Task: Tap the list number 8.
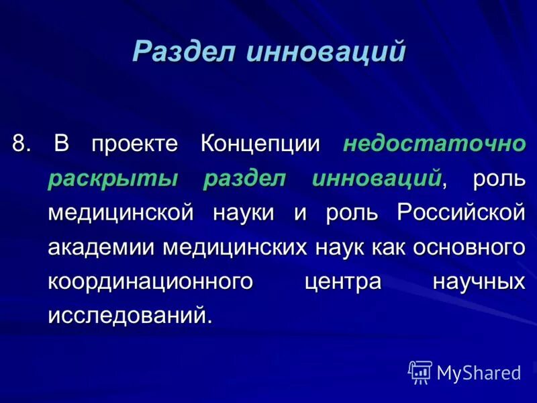pos(21,144)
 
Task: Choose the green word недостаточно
pos(434,144)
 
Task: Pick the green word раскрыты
pos(113,179)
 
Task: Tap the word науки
pos(244,213)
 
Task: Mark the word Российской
pos(460,213)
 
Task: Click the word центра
pos(342,282)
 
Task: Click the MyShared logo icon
pos(420,371)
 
